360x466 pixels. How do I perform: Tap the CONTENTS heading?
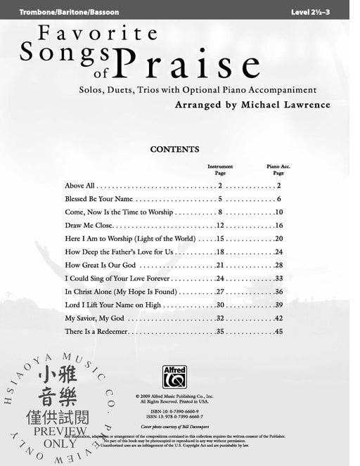click(175, 150)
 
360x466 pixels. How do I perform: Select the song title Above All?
click(79, 186)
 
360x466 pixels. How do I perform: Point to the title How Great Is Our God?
click(100, 265)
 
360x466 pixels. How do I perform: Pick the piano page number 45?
click(278, 332)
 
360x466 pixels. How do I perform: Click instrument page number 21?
click(219, 265)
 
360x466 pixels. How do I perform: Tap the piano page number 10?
click(278, 212)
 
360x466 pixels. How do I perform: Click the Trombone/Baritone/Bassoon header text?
click(60, 13)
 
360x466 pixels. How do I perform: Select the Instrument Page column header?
click(220, 169)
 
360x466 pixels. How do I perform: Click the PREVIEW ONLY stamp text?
click(60, 437)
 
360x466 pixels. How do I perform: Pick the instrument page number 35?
click(219, 332)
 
